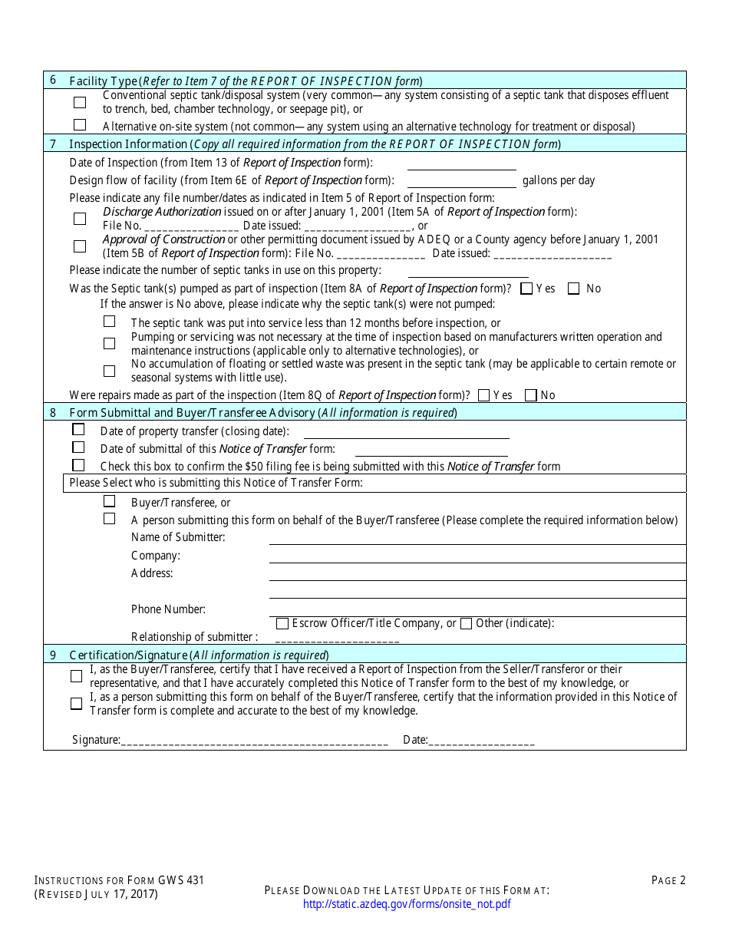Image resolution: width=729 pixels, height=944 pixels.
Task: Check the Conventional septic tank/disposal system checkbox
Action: (x=80, y=102)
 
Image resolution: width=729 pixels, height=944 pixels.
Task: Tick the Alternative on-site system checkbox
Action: (x=80, y=125)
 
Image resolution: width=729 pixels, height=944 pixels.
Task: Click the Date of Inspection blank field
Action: (x=461, y=163)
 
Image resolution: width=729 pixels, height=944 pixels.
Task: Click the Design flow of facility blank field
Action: (x=461, y=180)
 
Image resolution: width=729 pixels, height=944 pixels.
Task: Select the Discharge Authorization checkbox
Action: (x=80, y=219)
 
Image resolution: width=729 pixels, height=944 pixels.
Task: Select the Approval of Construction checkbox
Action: (x=80, y=246)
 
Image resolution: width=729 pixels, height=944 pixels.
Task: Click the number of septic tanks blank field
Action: (x=467, y=270)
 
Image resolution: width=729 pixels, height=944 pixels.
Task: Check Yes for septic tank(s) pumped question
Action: (x=526, y=289)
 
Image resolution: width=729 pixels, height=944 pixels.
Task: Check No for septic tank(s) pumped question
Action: (x=573, y=289)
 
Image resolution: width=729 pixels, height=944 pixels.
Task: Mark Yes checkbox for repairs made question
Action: (x=483, y=395)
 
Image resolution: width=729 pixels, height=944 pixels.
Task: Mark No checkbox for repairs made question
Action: (x=530, y=395)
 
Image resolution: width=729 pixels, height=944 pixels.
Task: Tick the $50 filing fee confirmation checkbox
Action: (x=78, y=465)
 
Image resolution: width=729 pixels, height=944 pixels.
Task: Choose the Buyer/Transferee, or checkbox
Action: (x=110, y=501)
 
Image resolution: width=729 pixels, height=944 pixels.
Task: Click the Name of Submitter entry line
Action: (x=477, y=537)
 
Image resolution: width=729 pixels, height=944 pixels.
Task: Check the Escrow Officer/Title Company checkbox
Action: (x=282, y=623)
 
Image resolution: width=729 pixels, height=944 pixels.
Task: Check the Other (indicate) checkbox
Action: (x=466, y=623)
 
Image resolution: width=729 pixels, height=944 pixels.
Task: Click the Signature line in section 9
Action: (x=254, y=740)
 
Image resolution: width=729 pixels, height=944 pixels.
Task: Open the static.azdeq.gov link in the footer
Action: (x=407, y=904)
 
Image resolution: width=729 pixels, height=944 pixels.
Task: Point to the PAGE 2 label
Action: (x=668, y=880)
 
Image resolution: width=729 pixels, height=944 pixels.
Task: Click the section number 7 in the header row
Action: (x=53, y=144)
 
